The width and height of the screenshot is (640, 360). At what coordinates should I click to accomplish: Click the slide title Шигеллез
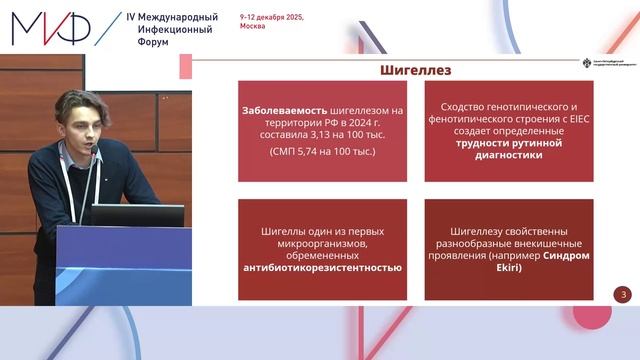tap(417, 70)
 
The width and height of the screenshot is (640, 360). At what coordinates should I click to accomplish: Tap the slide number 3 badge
tap(624, 294)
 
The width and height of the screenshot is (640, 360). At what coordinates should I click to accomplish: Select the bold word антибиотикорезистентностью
tap(321, 267)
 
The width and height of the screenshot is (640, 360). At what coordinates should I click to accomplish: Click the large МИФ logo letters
tap(49, 27)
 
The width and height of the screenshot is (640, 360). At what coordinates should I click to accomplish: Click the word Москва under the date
tap(253, 28)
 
